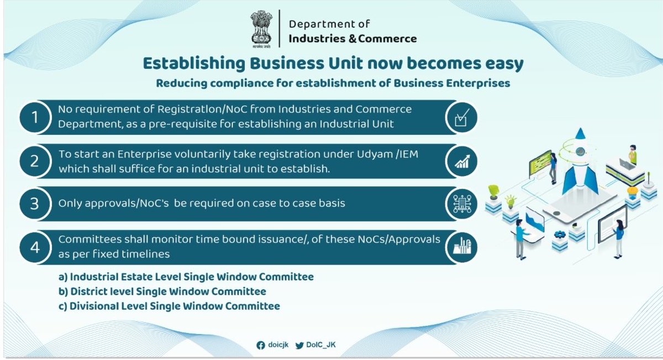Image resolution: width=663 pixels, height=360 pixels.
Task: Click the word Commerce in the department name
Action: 387,39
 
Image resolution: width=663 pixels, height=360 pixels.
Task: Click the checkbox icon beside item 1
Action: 460,118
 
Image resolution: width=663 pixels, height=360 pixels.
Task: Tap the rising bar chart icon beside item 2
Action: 460,161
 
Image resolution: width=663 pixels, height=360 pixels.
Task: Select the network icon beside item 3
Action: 460,204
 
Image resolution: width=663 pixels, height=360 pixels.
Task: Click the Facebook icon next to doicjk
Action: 261,345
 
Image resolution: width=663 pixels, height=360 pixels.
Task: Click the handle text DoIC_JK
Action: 322,345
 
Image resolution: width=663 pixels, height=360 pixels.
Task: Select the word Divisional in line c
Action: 94,305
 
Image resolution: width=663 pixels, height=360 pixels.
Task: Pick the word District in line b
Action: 87,291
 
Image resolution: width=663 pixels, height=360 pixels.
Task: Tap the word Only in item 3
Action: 69,203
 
